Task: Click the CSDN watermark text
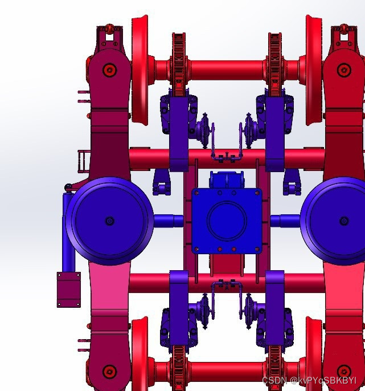coord(309,380)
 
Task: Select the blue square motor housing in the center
coord(227,221)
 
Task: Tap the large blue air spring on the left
coord(110,221)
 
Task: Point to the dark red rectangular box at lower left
coord(69,290)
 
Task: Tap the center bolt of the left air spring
coord(110,221)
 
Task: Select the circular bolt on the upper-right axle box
coord(345,70)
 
